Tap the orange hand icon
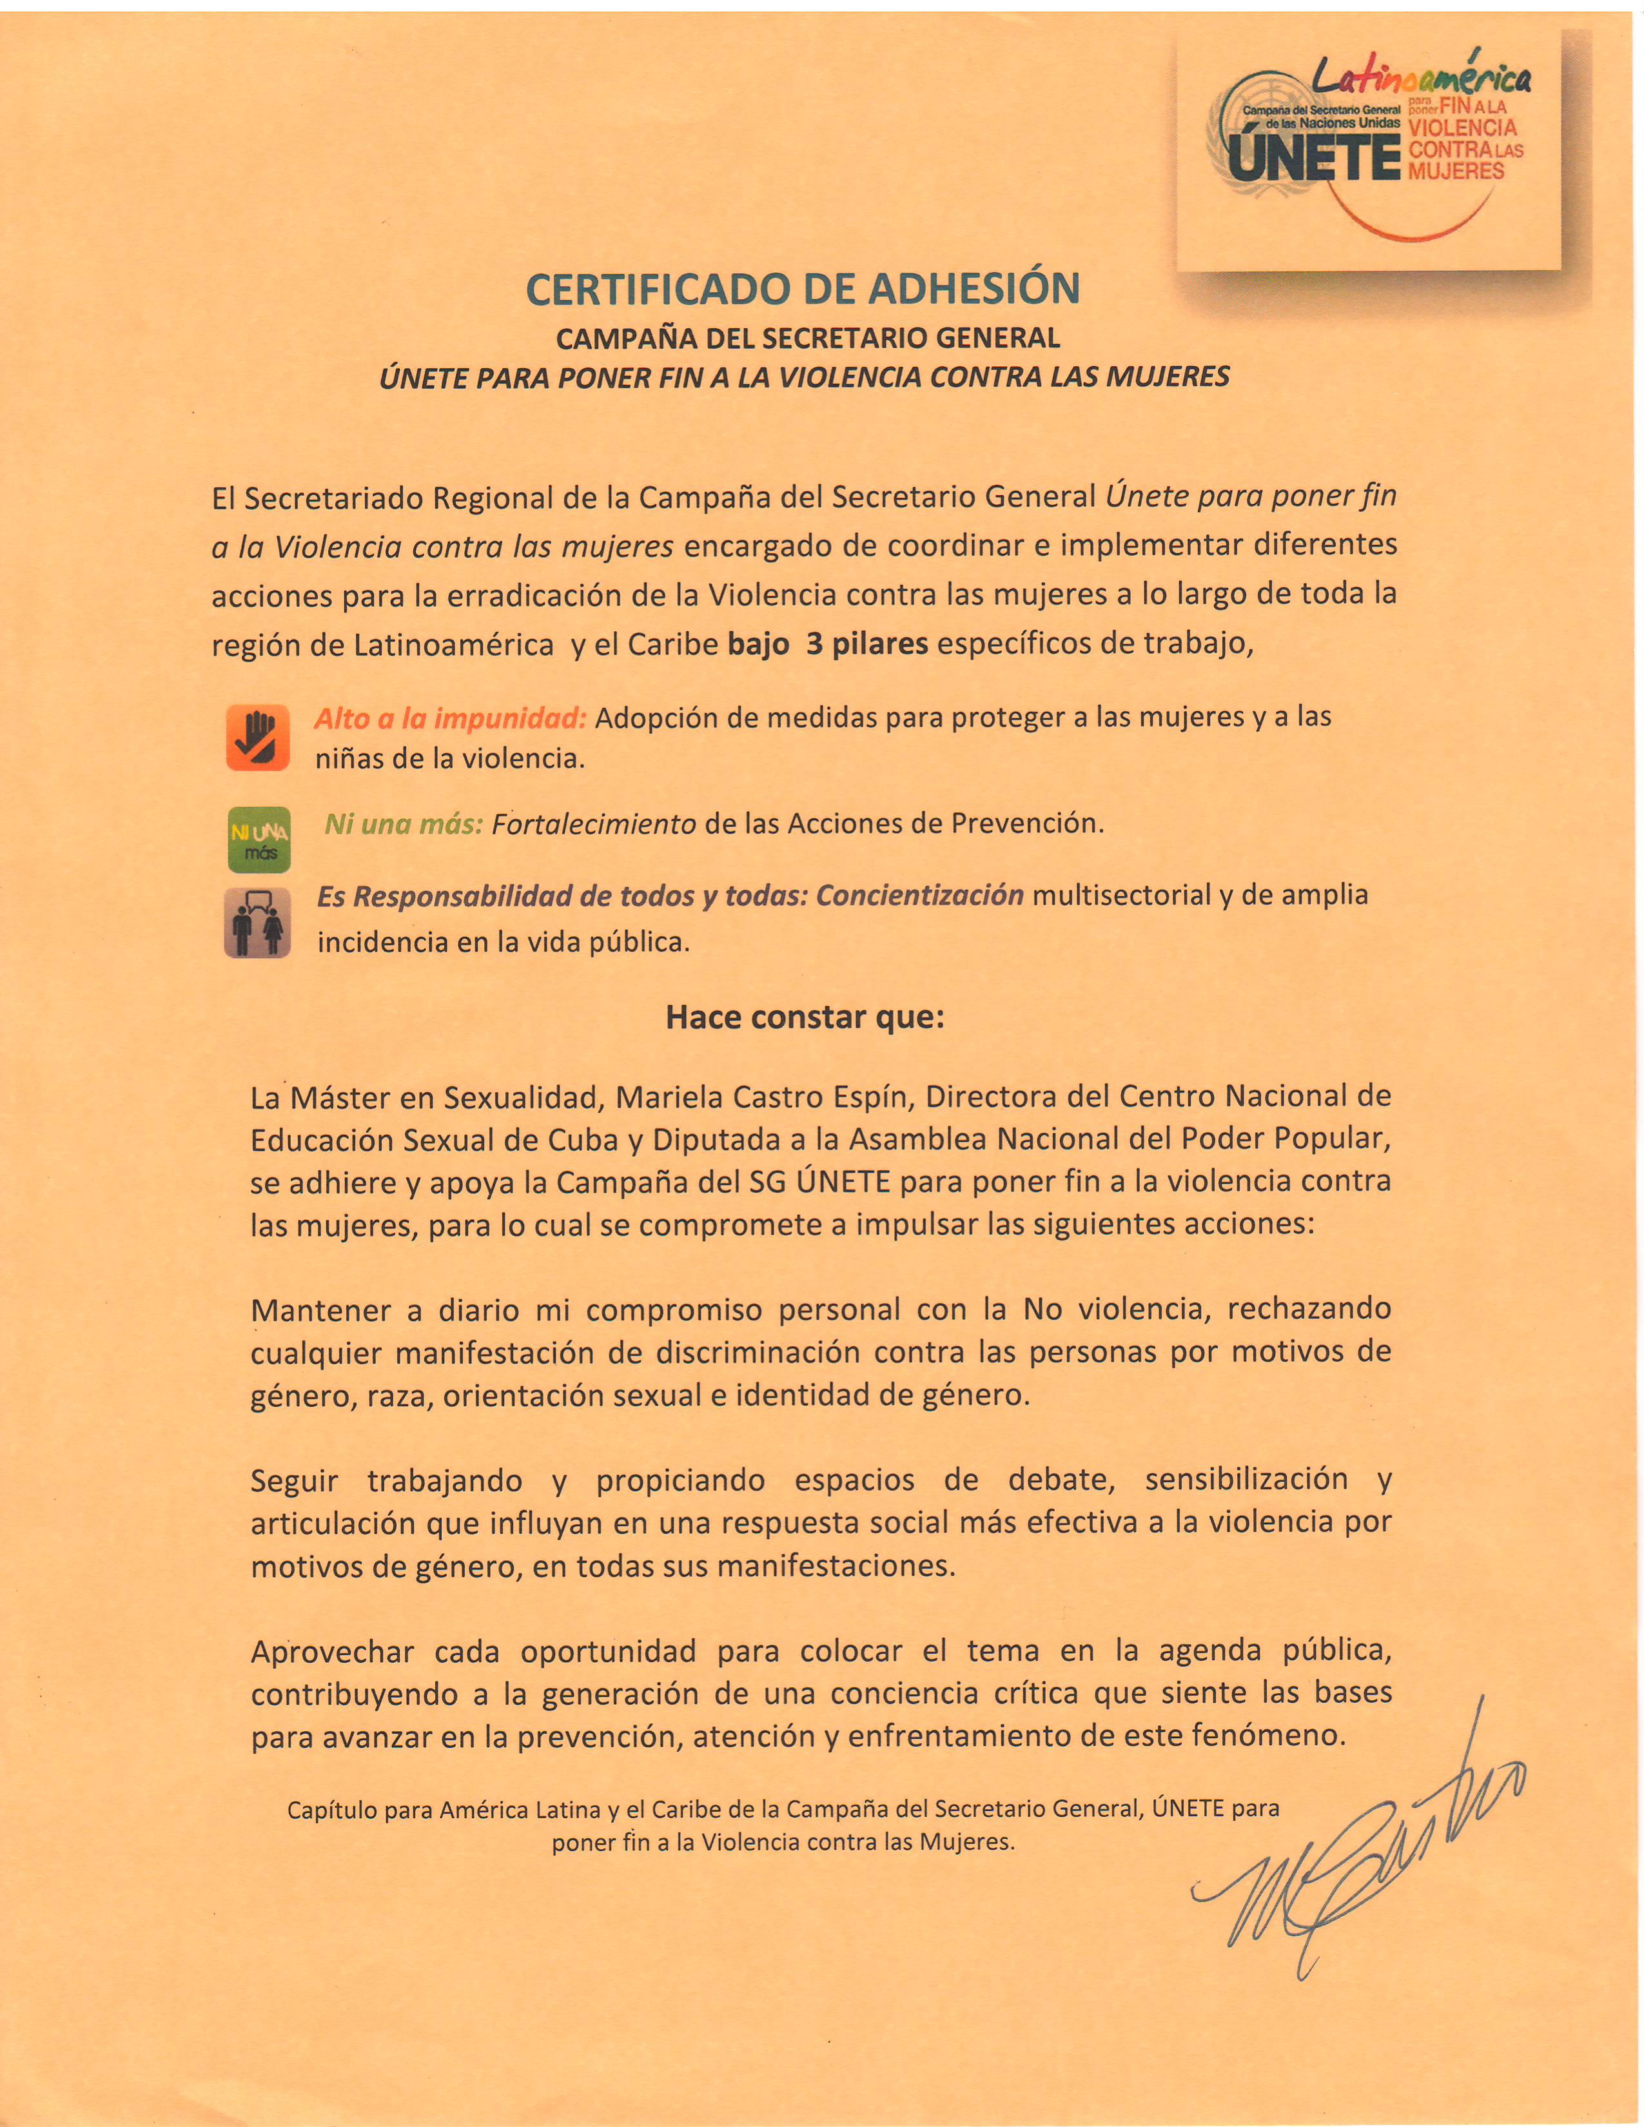click(x=257, y=737)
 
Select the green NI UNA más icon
click(x=258, y=839)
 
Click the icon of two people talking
click(x=257, y=922)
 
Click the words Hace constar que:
click(x=805, y=1018)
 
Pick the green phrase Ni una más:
click(x=403, y=824)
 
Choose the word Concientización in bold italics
click(x=919, y=895)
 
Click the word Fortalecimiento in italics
click(x=593, y=824)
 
